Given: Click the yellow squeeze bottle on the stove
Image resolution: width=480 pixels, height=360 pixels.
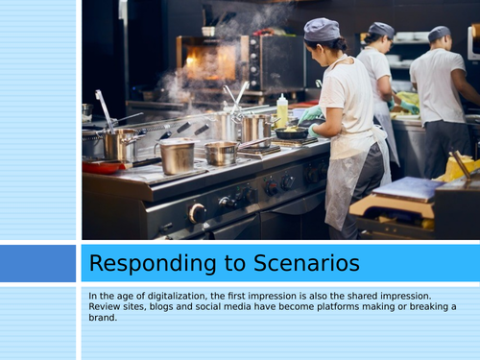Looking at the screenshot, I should tap(282, 110).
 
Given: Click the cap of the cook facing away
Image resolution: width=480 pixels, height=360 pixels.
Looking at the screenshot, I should tap(440, 33).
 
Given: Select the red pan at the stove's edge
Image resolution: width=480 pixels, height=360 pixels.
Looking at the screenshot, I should tap(101, 165).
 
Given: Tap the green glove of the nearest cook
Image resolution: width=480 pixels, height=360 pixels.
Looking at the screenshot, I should tap(312, 116).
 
